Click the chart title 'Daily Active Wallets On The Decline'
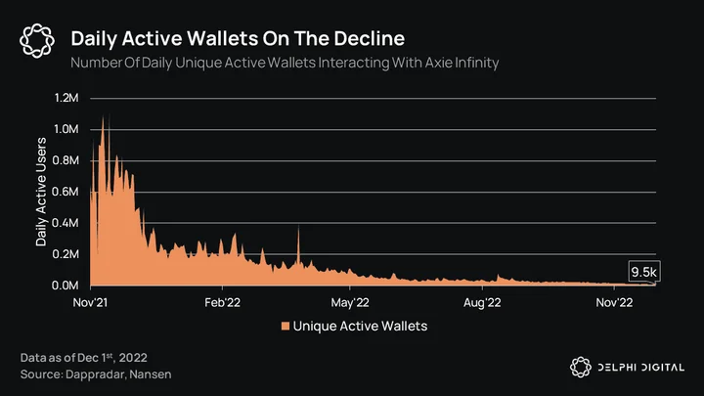click(x=238, y=38)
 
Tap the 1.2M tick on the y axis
click(x=66, y=98)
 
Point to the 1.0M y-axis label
click(x=66, y=129)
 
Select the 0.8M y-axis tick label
click(x=66, y=160)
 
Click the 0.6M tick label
click(x=66, y=192)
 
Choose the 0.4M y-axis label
click(x=66, y=223)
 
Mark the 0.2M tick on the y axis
click(x=66, y=254)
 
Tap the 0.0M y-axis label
click(x=66, y=286)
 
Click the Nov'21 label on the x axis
click(x=90, y=302)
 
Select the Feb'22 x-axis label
click(x=222, y=302)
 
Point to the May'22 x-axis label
click(x=350, y=303)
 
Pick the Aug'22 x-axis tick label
click(x=482, y=303)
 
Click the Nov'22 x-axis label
click(x=614, y=302)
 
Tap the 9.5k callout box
click(x=644, y=272)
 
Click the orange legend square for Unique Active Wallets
click(x=286, y=326)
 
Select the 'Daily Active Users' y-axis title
click(x=41, y=192)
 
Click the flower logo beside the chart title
click(x=37, y=41)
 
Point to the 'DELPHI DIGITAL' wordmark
click(x=641, y=368)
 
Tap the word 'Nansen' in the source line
click(x=151, y=374)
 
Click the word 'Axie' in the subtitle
click(x=439, y=63)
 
